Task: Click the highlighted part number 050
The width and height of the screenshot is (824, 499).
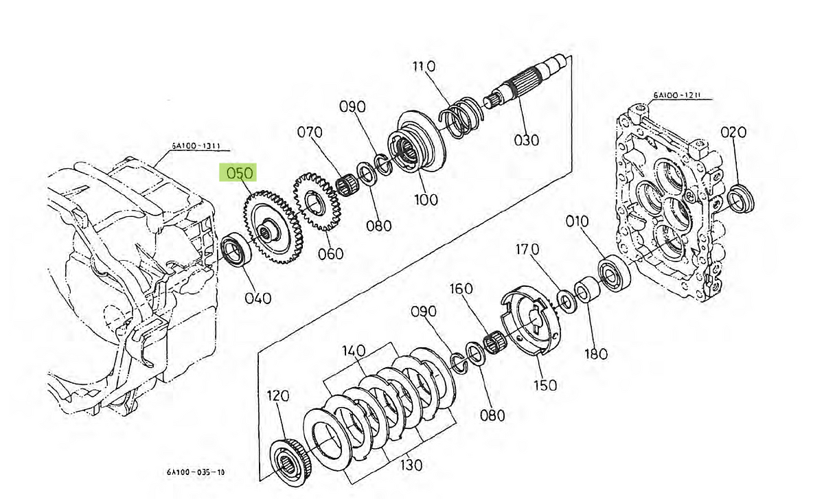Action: pos(236,172)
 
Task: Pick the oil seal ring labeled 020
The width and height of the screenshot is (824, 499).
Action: pos(740,198)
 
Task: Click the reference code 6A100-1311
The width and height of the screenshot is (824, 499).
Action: pos(200,146)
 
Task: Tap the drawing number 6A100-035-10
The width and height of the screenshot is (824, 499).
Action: pos(196,472)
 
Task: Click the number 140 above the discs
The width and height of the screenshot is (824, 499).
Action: pos(354,351)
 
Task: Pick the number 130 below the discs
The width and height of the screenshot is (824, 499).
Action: pos(410,465)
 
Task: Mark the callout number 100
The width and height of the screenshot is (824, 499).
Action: pos(426,200)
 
